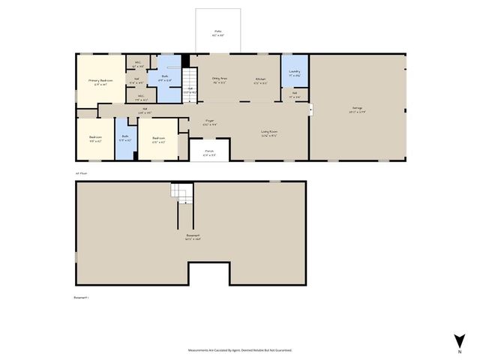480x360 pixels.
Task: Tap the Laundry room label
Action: point(295,72)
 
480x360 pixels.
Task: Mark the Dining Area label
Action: point(220,78)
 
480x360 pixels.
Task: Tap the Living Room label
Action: point(270,133)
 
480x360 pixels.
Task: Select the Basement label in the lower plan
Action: point(193,237)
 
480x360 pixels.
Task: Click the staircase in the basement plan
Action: point(181,193)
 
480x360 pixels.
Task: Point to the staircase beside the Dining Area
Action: point(191,78)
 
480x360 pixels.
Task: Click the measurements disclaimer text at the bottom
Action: point(239,350)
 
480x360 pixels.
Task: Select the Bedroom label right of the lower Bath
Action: point(159,138)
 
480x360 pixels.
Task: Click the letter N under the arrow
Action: point(460,351)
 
